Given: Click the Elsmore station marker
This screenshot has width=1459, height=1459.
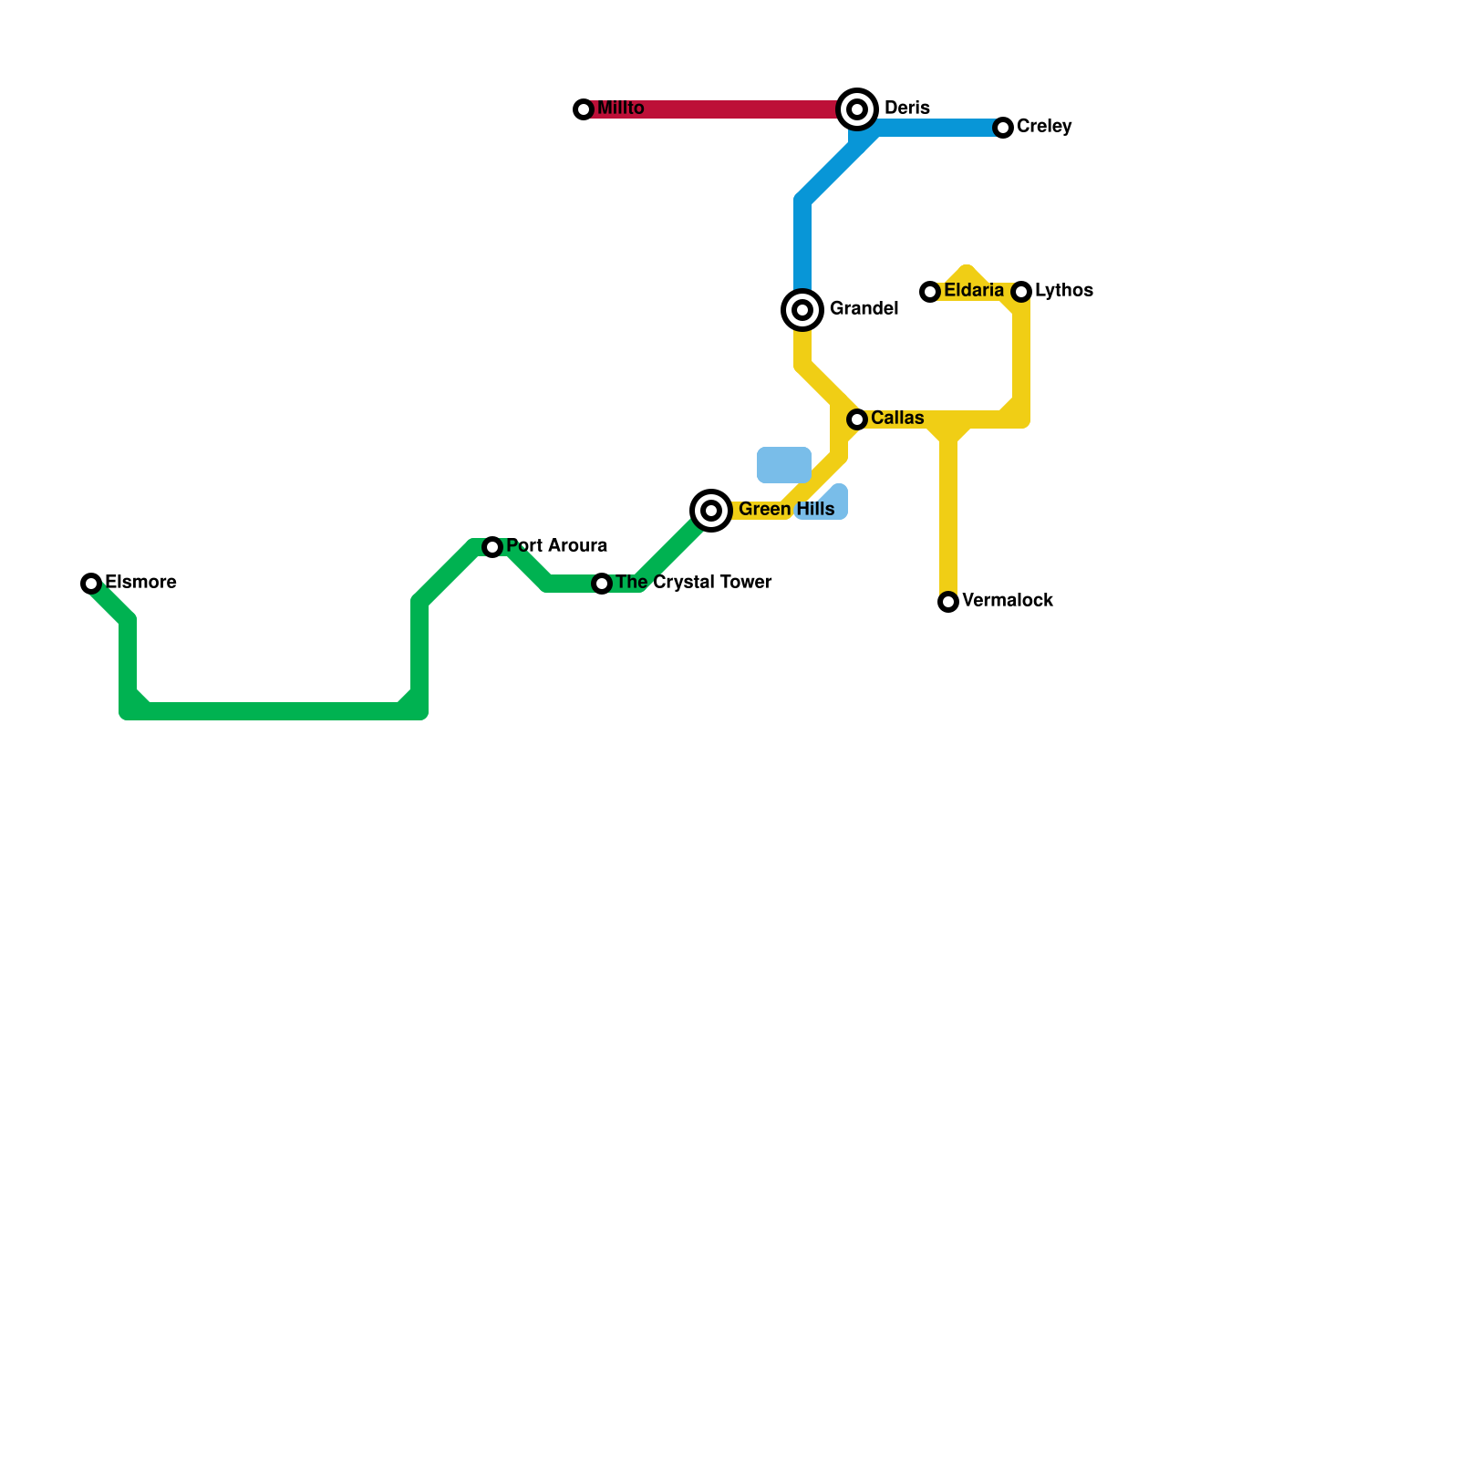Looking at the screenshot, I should (x=91, y=584).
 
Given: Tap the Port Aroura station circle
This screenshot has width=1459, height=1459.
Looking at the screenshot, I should (x=492, y=547).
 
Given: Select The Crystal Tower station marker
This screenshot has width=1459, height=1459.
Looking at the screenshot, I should (x=602, y=584).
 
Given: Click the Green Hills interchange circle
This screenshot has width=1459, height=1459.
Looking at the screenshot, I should (x=711, y=511).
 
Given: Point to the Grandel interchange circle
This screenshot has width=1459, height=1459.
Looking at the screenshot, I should (x=802, y=310).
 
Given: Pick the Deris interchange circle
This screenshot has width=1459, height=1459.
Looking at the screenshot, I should (x=857, y=109).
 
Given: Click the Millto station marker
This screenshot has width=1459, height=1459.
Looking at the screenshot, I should (x=584, y=109).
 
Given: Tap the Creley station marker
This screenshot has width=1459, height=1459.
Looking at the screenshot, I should (x=1003, y=128).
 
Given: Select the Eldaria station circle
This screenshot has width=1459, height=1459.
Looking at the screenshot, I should (x=930, y=292).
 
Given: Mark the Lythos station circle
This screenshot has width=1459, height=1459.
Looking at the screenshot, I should (x=1021, y=292).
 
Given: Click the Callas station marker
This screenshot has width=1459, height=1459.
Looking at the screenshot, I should (x=857, y=419).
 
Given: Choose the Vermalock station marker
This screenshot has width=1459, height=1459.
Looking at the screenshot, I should (x=948, y=602).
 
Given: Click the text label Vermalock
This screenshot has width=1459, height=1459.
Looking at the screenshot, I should (x=1008, y=601).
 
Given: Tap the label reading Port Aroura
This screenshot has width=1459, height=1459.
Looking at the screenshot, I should (x=556, y=546).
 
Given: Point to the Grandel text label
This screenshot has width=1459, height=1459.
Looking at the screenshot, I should (x=864, y=309).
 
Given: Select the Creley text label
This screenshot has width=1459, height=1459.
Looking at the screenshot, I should (x=1044, y=127).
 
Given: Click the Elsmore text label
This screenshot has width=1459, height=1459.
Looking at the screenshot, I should (x=140, y=583).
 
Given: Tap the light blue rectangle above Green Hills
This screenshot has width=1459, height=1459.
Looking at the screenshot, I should (x=784, y=465).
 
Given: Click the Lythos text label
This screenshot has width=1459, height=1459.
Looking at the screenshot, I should (x=1064, y=291).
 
